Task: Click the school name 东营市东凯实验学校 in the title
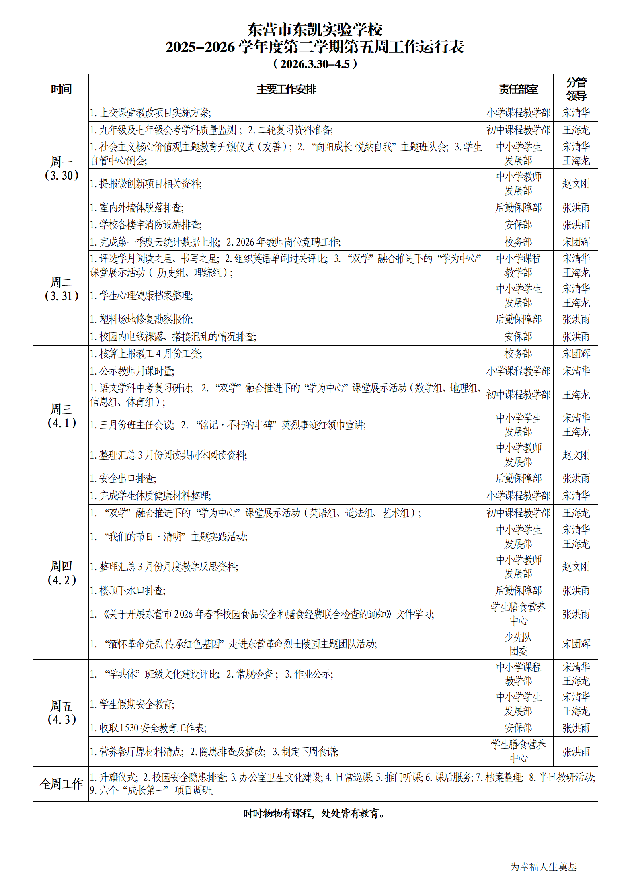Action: (x=315, y=29)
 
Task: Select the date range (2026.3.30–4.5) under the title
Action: (x=315, y=64)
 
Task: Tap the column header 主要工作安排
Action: (x=286, y=89)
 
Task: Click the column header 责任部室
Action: (x=518, y=89)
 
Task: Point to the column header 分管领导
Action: (x=576, y=89)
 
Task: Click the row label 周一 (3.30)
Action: (x=61, y=168)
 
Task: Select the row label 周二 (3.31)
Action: (x=61, y=289)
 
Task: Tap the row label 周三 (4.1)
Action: (x=61, y=416)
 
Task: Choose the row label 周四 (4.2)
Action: (x=61, y=573)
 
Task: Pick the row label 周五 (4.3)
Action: (x=61, y=713)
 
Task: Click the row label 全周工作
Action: (x=61, y=784)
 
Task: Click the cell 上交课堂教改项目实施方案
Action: (x=150, y=113)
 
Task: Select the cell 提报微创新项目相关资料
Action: (x=146, y=184)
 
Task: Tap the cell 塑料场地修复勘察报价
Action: (x=142, y=320)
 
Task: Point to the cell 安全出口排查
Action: (x=123, y=479)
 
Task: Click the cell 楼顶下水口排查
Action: (x=127, y=590)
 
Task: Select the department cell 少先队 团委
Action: (x=518, y=644)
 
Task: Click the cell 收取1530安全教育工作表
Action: (x=148, y=728)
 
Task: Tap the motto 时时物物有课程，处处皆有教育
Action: (x=315, y=813)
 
